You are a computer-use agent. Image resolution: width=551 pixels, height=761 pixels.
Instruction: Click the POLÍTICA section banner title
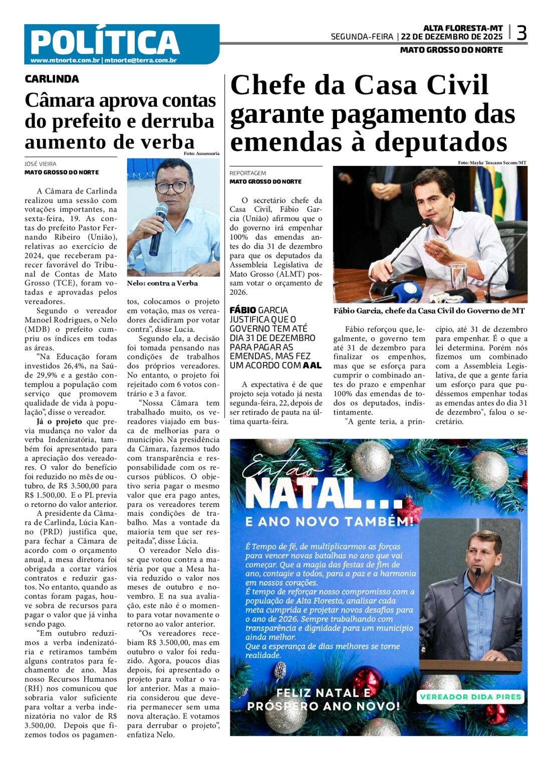105,42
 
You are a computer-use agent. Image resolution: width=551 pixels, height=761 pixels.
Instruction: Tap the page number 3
521,34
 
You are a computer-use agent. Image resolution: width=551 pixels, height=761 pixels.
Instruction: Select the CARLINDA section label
52,79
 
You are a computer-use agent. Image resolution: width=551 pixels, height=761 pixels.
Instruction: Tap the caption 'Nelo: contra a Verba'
162,283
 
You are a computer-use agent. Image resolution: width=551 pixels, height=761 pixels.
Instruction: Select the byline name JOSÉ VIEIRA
41,164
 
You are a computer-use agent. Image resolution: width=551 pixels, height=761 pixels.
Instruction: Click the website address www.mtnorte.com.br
65,60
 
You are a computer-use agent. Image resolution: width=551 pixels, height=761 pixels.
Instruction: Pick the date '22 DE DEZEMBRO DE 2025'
452,37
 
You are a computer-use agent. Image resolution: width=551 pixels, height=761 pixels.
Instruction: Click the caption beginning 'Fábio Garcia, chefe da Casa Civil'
429,311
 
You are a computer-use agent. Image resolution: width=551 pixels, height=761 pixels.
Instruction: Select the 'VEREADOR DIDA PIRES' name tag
470,696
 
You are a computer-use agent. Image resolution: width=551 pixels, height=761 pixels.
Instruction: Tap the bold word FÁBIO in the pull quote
243,310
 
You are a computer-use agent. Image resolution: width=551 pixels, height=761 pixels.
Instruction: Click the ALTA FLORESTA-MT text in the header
463,29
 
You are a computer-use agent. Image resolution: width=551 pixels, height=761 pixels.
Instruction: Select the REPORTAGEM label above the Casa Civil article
248,173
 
